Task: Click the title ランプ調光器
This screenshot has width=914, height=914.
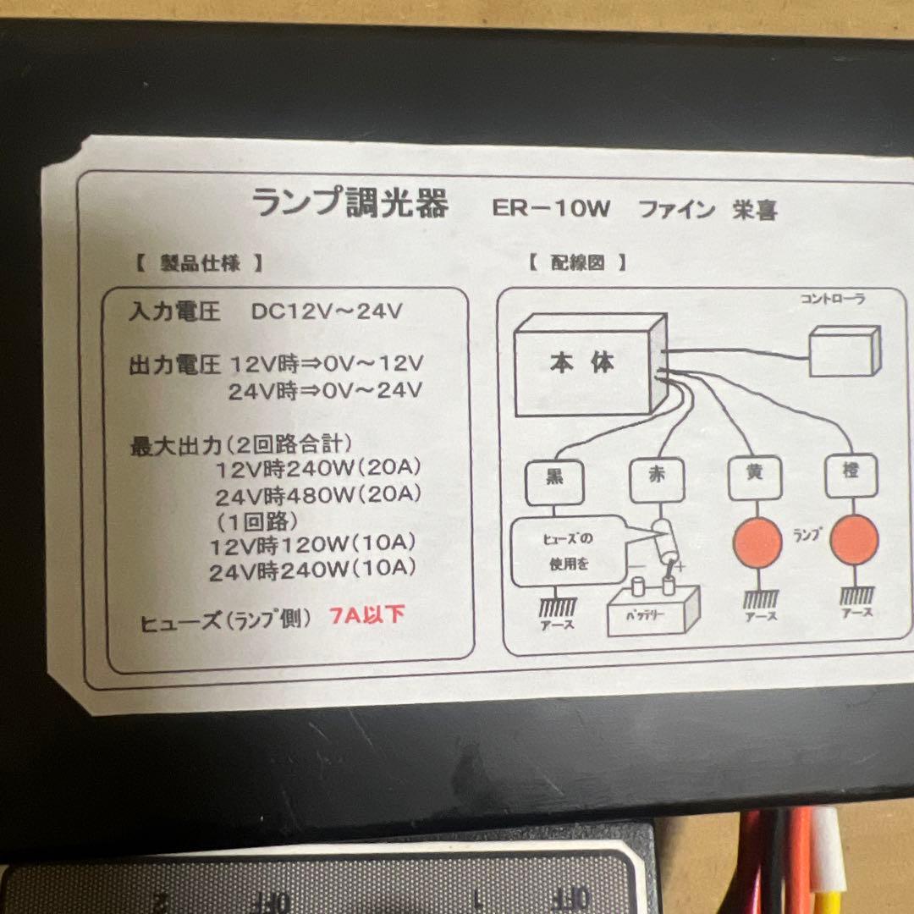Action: pyautogui.click(x=350, y=203)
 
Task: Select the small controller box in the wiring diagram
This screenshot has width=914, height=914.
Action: pyautogui.click(x=844, y=351)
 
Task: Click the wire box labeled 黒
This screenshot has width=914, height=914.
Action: pyautogui.click(x=554, y=479)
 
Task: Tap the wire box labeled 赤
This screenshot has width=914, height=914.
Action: pyautogui.click(x=657, y=477)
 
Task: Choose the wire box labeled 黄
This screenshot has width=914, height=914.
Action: pyautogui.click(x=754, y=474)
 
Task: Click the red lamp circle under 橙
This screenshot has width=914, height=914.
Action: pyautogui.click(x=854, y=541)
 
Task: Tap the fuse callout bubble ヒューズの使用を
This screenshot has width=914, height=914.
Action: pyautogui.click(x=567, y=551)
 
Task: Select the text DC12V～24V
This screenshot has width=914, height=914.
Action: pyautogui.click(x=326, y=311)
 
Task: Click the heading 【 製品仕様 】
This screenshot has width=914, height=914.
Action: pyautogui.click(x=200, y=263)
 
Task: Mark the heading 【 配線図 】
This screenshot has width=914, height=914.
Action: pyautogui.click(x=578, y=262)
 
